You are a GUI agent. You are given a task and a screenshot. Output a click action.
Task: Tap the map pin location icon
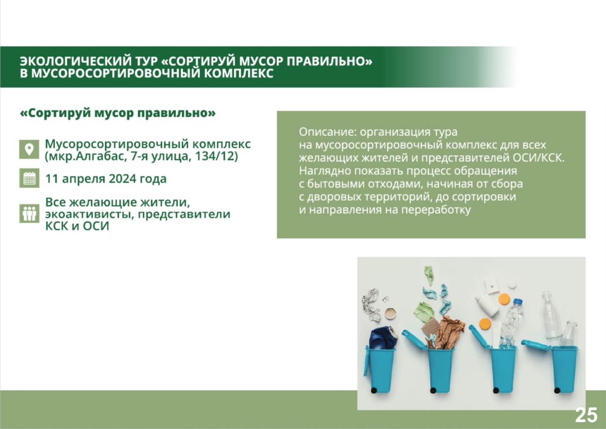pyautogui.click(x=29, y=149)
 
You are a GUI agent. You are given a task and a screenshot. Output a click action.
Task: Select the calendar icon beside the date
pyautogui.click(x=29, y=178)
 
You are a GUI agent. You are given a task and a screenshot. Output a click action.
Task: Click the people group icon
pyautogui.click(x=29, y=213)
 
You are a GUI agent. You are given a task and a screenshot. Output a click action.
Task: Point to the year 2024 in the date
pyautogui.click(x=122, y=179)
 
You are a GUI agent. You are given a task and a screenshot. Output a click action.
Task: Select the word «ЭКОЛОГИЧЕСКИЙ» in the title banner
pyautogui.click(x=76, y=61)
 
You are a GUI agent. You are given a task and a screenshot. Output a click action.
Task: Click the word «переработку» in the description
pyautogui.click(x=436, y=210)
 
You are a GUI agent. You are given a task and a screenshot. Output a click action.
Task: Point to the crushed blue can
pyautogui.click(x=383, y=338)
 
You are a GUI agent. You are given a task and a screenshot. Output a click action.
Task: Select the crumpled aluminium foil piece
pyautogui.click(x=371, y=305)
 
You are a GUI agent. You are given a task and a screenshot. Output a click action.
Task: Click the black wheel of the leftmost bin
pyautogui.click(x=374, y=391)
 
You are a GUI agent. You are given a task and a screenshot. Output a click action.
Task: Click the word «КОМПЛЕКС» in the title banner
pyautogui.click(x=239, y=74)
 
